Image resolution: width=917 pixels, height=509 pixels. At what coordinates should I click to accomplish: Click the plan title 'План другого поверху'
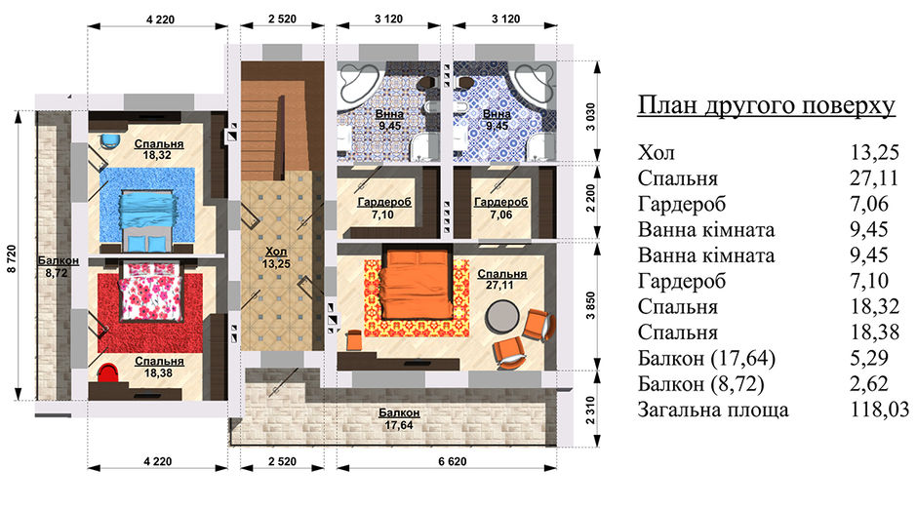coord(766,106)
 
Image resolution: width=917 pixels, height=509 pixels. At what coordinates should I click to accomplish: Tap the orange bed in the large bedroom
coord(416,282)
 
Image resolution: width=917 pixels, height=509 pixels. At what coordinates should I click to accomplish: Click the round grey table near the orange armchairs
coord(501,316)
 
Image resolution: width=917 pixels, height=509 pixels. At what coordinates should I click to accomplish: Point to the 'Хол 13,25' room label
coord(276,257)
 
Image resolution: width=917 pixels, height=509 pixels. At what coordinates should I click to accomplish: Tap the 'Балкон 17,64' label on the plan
coord(399,419)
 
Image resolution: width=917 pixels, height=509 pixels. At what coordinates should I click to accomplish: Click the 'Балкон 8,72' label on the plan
coord(57,266)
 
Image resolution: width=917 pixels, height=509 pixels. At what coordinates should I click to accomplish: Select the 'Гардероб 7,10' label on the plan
coord(383,208)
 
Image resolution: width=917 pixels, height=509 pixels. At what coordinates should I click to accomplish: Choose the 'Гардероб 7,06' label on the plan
coord(501,208)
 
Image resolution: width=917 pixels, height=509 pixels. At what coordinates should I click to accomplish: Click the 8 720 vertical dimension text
coord(13,258)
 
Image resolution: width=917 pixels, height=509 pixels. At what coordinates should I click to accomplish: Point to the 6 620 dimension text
coord(453,461)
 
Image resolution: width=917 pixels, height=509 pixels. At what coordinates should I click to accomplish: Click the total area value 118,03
coord(880,410)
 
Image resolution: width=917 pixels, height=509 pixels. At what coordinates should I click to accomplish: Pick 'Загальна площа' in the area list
coord(713,410)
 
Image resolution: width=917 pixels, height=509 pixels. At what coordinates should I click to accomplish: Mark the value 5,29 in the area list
coord(869,358)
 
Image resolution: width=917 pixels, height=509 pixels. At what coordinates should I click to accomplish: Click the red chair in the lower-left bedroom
coord(107,372)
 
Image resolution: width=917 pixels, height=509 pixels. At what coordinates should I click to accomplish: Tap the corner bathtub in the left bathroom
coord(359,82)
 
